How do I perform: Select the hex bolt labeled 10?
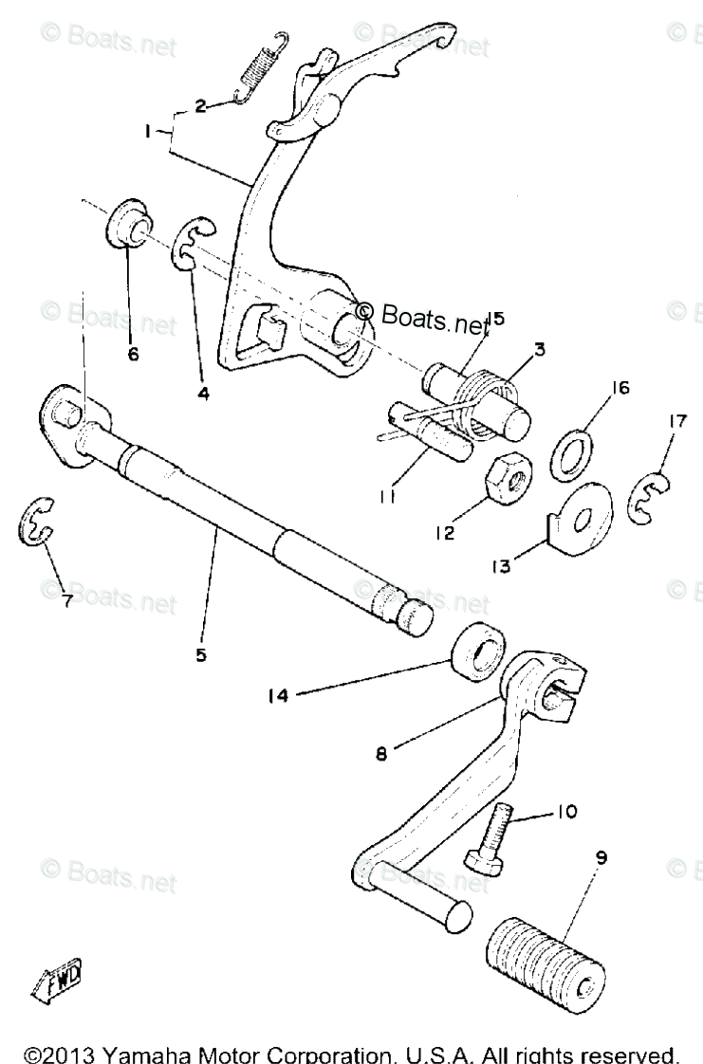[490, 835]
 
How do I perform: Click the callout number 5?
[200, 654]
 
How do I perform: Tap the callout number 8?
[379, 756]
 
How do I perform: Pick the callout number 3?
[538, 349]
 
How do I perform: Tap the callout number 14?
[276, 696]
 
